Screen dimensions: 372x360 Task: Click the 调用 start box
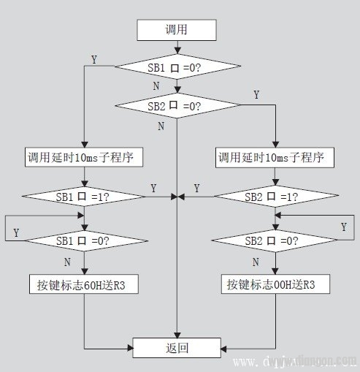(x=177, y=30)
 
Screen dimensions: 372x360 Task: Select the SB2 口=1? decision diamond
(x=276, y=196)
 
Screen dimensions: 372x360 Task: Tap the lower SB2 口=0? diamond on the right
(x=276, y=239)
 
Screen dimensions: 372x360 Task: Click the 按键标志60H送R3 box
(x=85, y=284)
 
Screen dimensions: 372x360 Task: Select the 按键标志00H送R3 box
(x=276, y=284)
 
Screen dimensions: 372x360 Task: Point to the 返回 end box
(x=177, y=347)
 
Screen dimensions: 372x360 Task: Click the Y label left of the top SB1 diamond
(x=93, y=58)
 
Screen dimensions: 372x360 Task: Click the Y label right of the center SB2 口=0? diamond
(x=256, y=96)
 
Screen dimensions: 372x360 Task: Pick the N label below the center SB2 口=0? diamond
(x=161, y=126)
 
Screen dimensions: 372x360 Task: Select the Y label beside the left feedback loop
(x=15, y=232)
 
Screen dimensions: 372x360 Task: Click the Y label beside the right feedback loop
(x=343, y=227)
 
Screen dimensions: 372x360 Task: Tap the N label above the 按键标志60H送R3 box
(x=67, y=260)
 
